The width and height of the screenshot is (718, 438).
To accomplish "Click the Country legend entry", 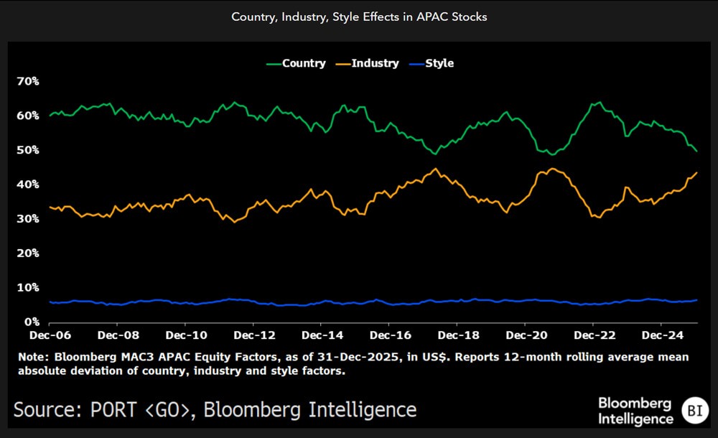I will pos(296,63).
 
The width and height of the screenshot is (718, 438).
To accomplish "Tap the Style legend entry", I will pos(432,63).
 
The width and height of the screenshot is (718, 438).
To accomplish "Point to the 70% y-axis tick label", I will pos(28,81).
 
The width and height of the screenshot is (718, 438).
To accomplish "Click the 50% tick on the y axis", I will pos(28,150).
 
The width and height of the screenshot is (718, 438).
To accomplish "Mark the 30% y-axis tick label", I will pos(28,219).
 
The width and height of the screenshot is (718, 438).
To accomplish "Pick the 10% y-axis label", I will pos(28,287).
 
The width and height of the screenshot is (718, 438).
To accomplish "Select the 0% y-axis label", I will pos(31,322).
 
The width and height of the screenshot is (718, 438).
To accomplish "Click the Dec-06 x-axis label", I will pos(50,335).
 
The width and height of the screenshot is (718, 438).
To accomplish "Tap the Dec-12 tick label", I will pos(254,335).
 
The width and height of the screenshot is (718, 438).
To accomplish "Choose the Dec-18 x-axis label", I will pos(458,335).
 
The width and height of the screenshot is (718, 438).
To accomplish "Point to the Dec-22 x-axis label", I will pos(593,335).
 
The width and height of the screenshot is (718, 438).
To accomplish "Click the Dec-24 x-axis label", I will pos(661,335).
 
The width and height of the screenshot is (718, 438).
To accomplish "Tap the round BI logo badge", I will pos(694,410).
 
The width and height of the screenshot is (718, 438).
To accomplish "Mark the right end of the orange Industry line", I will pos(697,172).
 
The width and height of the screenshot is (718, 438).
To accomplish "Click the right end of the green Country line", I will pos(697,151).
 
